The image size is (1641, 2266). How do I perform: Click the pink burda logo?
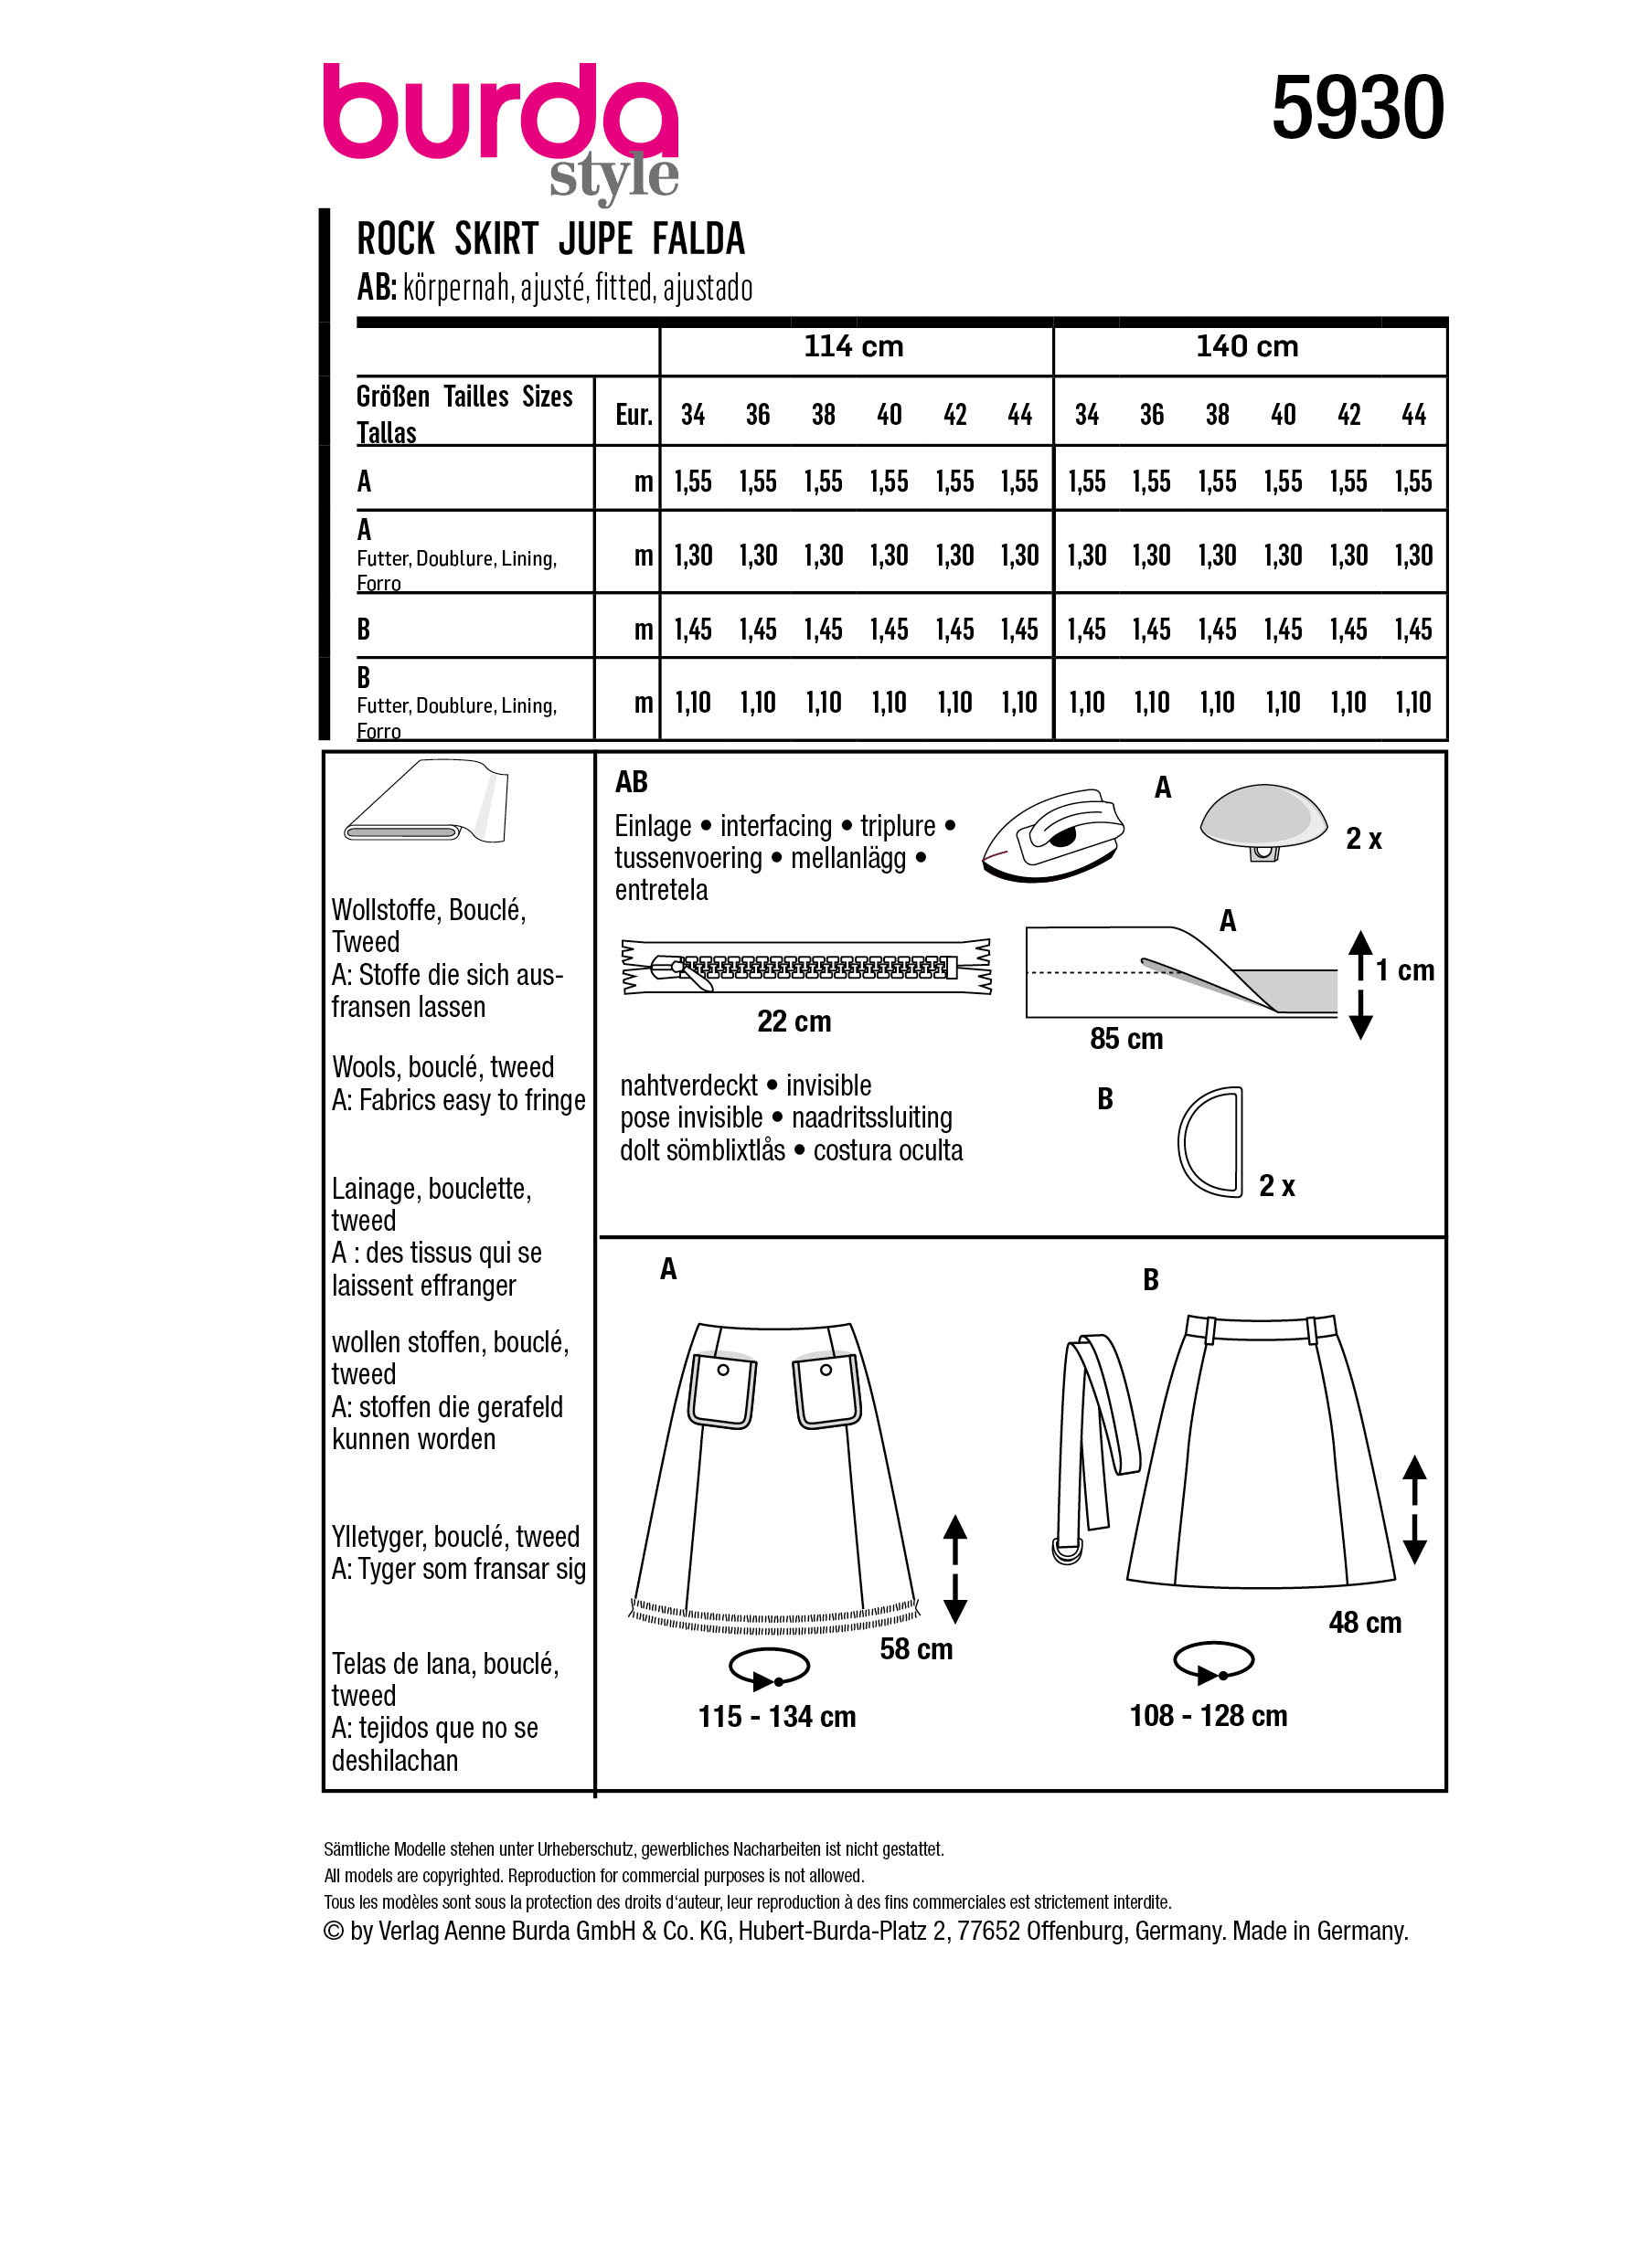click(x=500, y=115)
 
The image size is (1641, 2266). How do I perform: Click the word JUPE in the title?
click(x=596, y=239)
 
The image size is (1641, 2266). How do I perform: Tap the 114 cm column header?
click(x=854, y=346)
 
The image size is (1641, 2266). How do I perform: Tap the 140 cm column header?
click(x=1247, y=346)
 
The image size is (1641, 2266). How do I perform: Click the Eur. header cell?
click(x=634, y=415)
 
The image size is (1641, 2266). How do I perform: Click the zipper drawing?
click(x=805, y=966)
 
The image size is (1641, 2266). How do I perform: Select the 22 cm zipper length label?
click(x=794, y=1022)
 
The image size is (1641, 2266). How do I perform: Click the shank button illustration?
click(x=1263, y=821)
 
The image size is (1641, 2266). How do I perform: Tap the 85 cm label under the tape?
click(x=1126, y=1039)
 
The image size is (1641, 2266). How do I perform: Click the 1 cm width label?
click(x=1404, y=970)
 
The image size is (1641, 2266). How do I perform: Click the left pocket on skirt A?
click(x=721, y=1389)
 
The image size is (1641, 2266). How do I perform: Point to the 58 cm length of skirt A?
click(x=915, y=1648)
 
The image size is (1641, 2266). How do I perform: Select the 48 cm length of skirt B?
click(x=1364, y=1623)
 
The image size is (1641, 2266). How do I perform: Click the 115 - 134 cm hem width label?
click(x=776, y=1717)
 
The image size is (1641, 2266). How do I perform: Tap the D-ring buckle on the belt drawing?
click(x=1065, y=1550)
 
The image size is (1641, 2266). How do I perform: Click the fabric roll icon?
click(x=427, y=802)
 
